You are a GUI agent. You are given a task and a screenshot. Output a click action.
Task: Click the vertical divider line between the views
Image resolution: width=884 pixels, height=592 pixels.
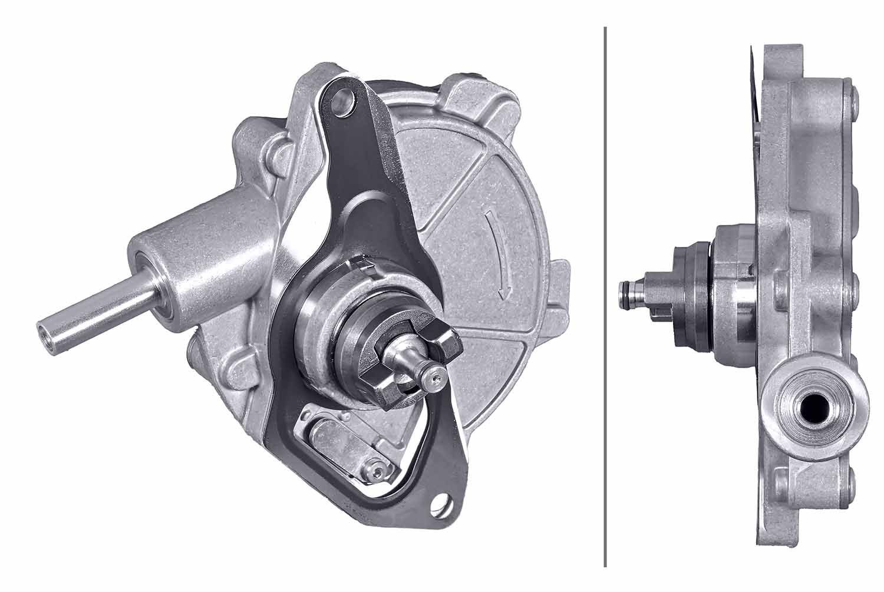tap(605, 295)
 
